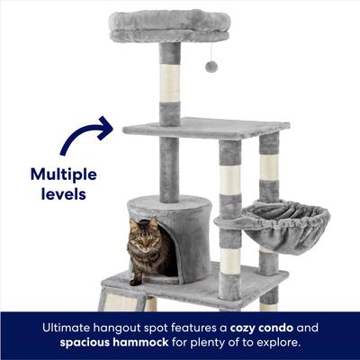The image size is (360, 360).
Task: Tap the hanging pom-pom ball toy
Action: click(211, 67)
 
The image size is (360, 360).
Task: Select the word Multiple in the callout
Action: click(62, 174)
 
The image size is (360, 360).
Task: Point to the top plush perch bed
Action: click(169, 25)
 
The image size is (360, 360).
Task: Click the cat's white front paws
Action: click(140, 276)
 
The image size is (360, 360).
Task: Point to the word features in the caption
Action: click(191, 328)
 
